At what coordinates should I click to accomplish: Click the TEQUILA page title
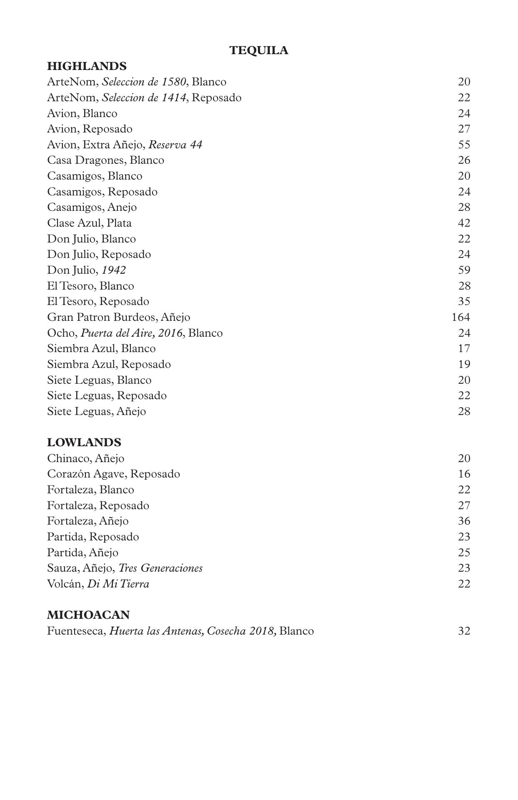(x=258, y=50)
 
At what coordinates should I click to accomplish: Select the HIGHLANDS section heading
(x=87, y=66)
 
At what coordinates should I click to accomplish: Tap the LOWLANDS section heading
(x=84, y=442)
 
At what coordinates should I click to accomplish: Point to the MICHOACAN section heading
(x=88, y=615)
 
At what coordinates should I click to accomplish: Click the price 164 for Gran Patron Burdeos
(x=460, y=317)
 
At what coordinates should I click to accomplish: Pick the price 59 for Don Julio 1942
(x=464, y=270)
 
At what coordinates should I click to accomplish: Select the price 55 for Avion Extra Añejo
(x=464, y=145)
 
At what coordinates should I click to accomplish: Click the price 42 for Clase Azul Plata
(x=464, y=223)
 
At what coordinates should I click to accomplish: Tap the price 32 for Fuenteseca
(x=464, y=631)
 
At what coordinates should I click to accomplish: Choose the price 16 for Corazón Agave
(x=464, y=474)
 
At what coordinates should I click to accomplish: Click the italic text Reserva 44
(x=175, y=145)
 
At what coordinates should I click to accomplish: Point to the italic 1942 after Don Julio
(x=114, y=270)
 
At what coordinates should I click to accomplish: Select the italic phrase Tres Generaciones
(x=160, y=568)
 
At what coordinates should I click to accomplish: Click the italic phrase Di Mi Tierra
(x=118, y=584)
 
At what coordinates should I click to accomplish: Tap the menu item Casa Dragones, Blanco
(x=105, y=160)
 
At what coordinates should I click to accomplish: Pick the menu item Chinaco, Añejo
(x=85, y=458)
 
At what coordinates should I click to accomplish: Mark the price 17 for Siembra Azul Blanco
(x=464, y=348)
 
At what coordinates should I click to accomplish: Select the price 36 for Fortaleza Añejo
(x=464, y=521)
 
